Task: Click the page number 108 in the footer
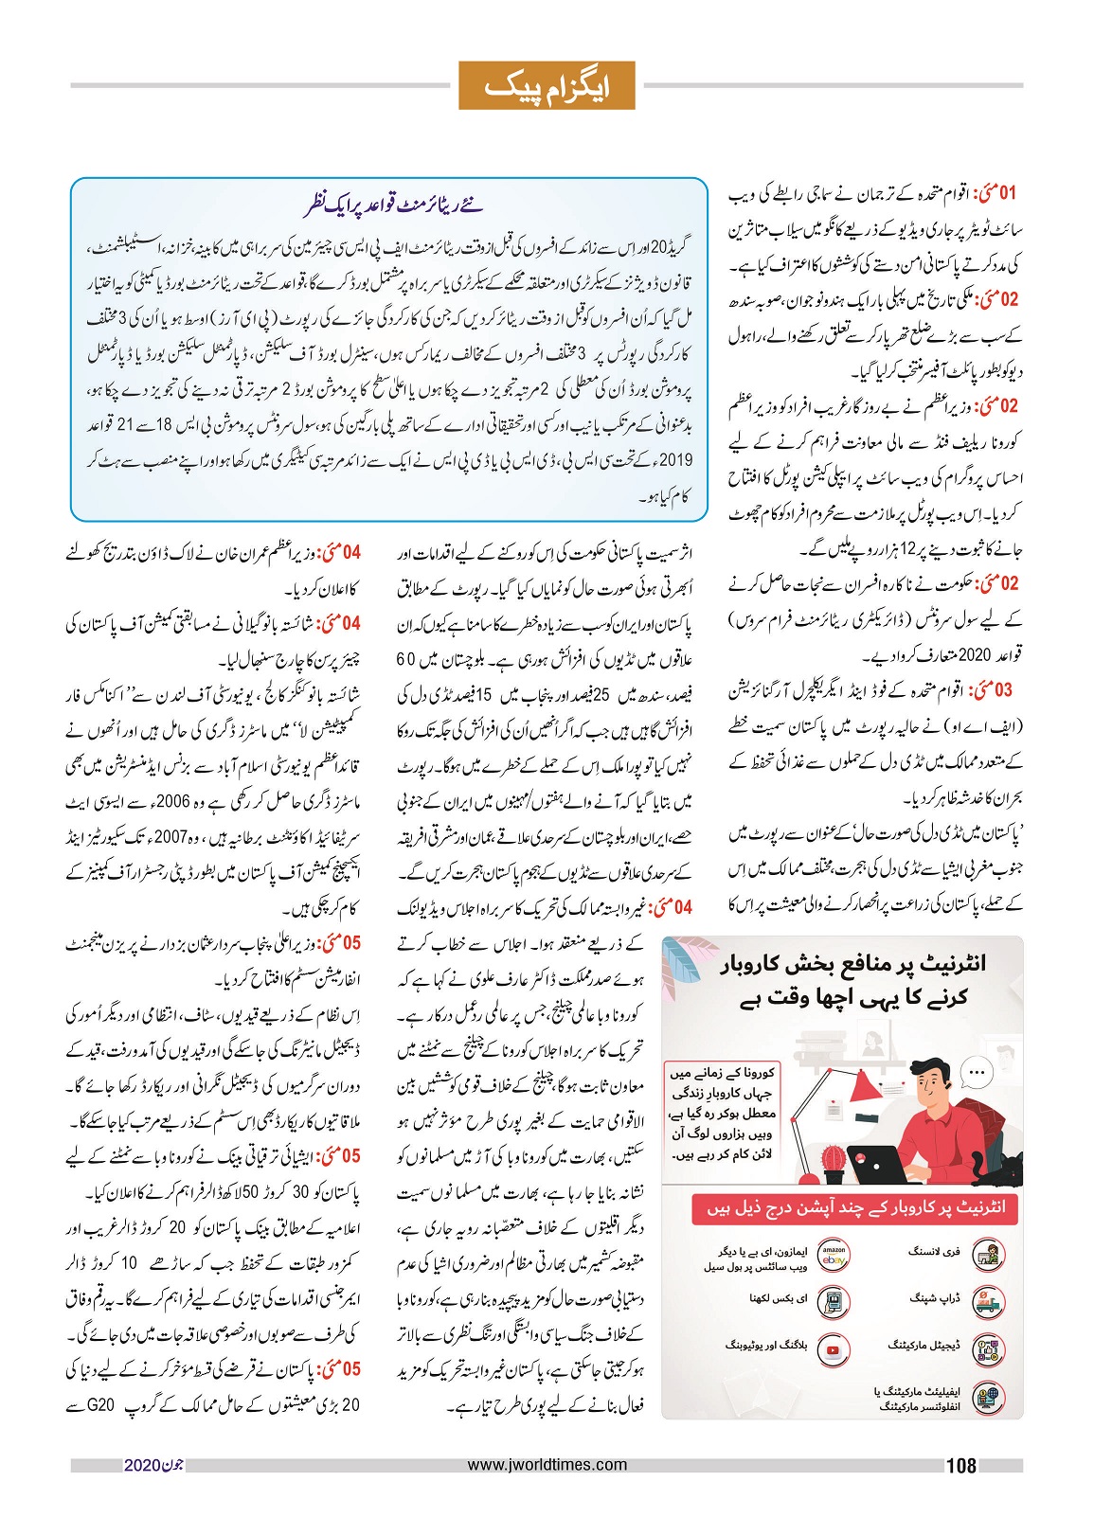[960, 1466]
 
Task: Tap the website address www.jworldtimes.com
[547, 1464]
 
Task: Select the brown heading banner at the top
[547, 85]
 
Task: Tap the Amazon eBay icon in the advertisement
[833, 1256]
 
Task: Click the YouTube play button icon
[833, 1350]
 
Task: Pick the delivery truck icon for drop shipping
[989, 1303]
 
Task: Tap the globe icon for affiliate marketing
[989, 1398]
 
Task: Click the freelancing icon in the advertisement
[989, 1256]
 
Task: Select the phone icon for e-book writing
[833, 1303]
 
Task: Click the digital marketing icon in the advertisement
[989, 1350]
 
